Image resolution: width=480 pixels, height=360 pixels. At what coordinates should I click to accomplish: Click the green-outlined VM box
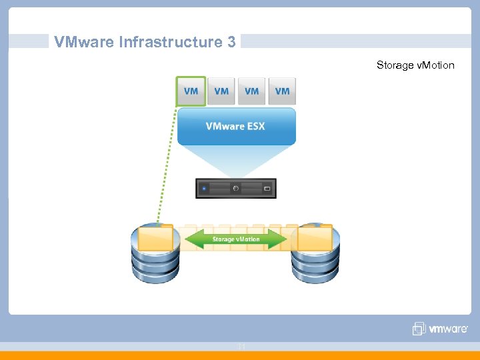pyautogui.click(x=191, y=91)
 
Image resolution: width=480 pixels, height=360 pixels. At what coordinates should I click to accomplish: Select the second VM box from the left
pyautogui.click(x=221, y=91)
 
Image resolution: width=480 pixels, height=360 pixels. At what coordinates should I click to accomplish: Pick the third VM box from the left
pyautogui.click(x=252, y=91)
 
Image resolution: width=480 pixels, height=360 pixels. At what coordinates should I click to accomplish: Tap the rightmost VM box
pyautogui.click(x=282, y=91)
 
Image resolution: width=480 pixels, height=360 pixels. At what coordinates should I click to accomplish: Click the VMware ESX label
pyautogui.click(x=235, y=126)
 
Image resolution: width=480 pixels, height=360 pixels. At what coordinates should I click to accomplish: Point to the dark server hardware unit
pyautogui.click(x=235, y=189)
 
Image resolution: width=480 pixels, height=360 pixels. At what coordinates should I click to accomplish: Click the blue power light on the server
pyautogui.click(x=203, y=189)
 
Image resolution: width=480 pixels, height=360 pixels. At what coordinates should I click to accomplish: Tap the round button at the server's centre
pyautogui.click(x=235, y=189)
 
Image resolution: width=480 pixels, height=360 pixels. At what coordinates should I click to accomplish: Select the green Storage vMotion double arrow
pyautogui.click(x=236, y=239)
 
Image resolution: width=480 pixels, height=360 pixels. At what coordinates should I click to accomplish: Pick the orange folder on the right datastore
pyautogui.click(x=315, y=237)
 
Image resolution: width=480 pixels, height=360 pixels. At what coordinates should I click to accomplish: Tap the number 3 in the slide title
pyautogui.click(x=231, y=42)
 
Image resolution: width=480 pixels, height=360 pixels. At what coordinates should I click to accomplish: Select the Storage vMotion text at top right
pyautogui.click(x=415, y=65)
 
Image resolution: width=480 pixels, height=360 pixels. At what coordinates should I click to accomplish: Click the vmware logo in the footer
pyautogui.click(x=440, y=329)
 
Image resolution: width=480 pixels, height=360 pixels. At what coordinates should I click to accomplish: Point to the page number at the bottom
pyautogui.click(x=241, y=346)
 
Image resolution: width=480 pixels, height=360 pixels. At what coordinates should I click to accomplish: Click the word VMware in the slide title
pyautogui.click(x=84, y=42)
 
